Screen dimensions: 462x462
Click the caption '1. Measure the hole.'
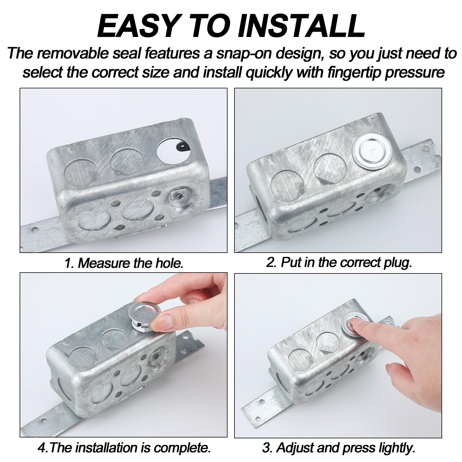(124, 263)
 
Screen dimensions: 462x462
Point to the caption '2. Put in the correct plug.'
(339, 262)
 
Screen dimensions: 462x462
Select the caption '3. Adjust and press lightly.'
(338, 448)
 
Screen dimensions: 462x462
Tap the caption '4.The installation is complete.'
(124, 448)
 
